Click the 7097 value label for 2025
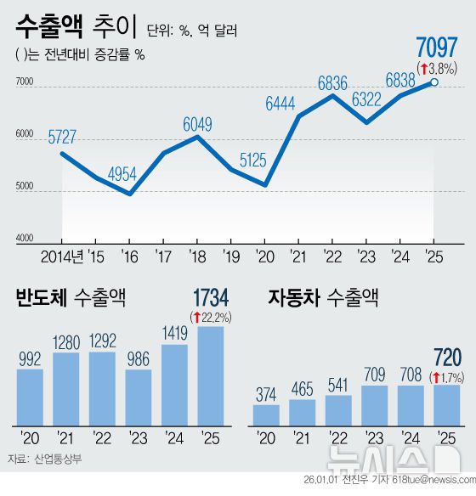pos(435,48)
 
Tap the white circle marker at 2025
pos(435,82)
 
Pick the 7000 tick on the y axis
pos(23,82)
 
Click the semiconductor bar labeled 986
pos(138,396)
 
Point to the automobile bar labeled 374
pos(266,414)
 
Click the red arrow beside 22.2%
pos(196,318)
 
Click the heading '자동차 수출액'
pos(322,299)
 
